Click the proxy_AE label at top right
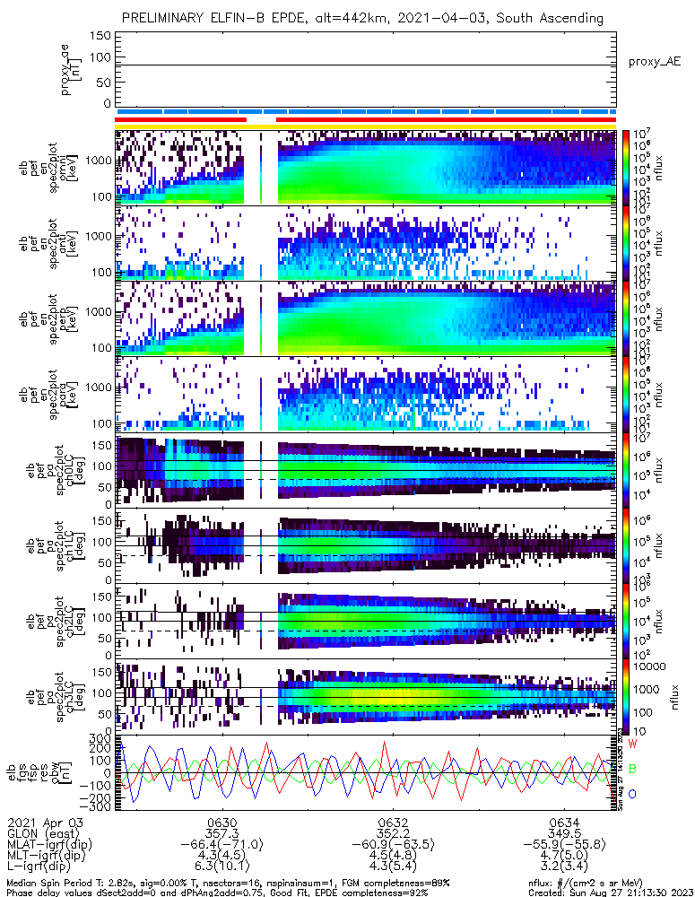point(656,62)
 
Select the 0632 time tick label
point(394,822)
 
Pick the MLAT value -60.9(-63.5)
point(394,844)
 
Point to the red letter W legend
point(632,745)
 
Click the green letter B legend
point(632,769)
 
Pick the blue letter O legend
point(632,794)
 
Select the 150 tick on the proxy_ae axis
point(101,37)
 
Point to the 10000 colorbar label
point(647,666)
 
